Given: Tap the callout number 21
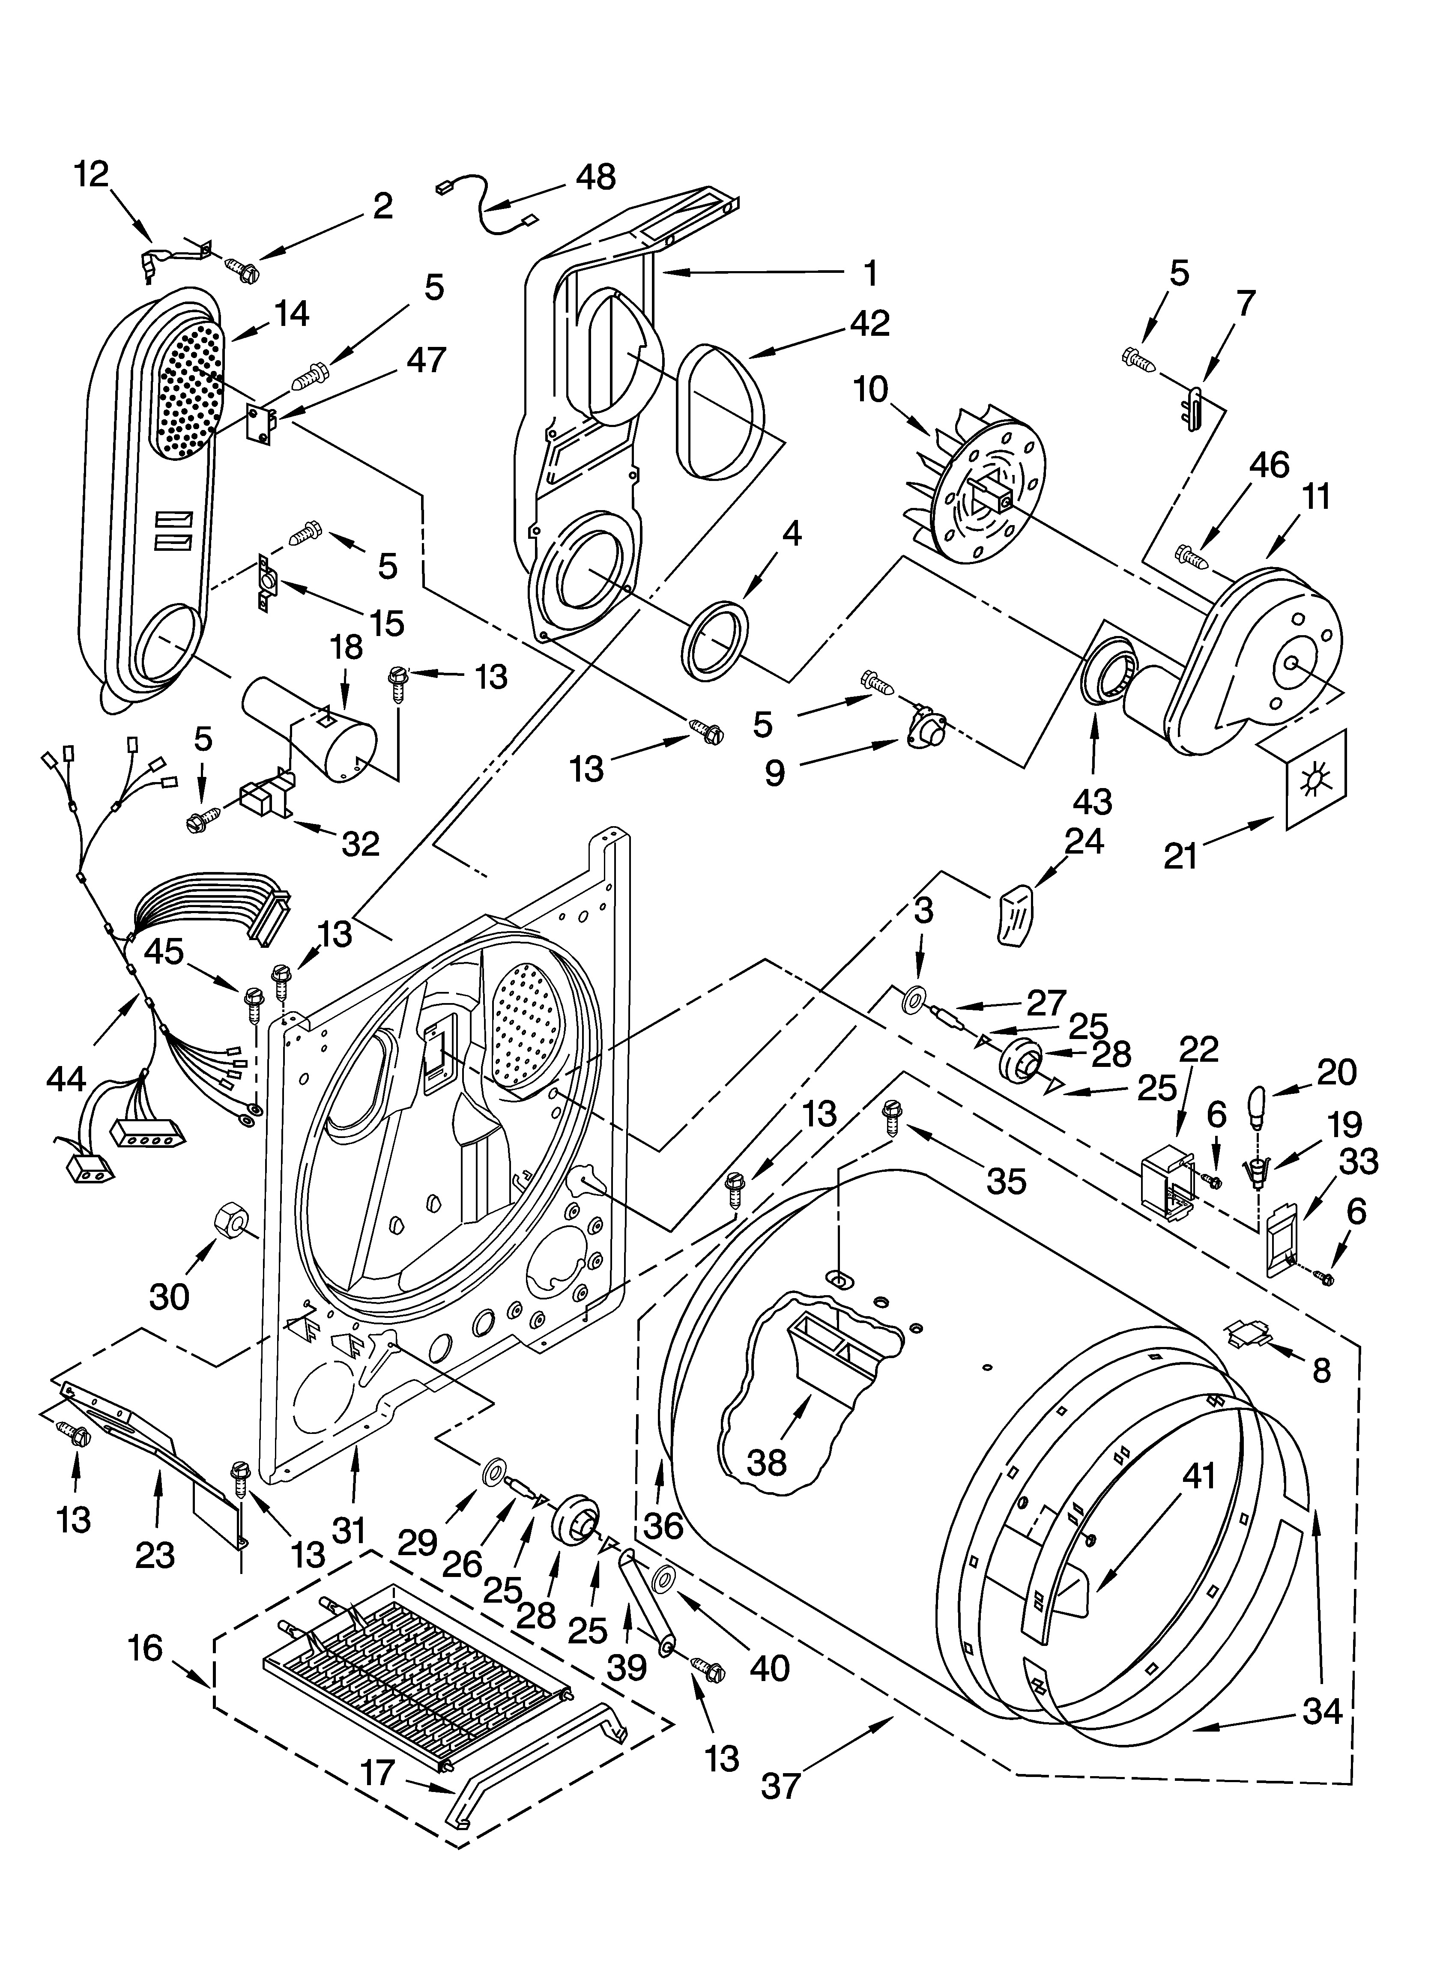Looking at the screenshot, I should [x=1181, y=856].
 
